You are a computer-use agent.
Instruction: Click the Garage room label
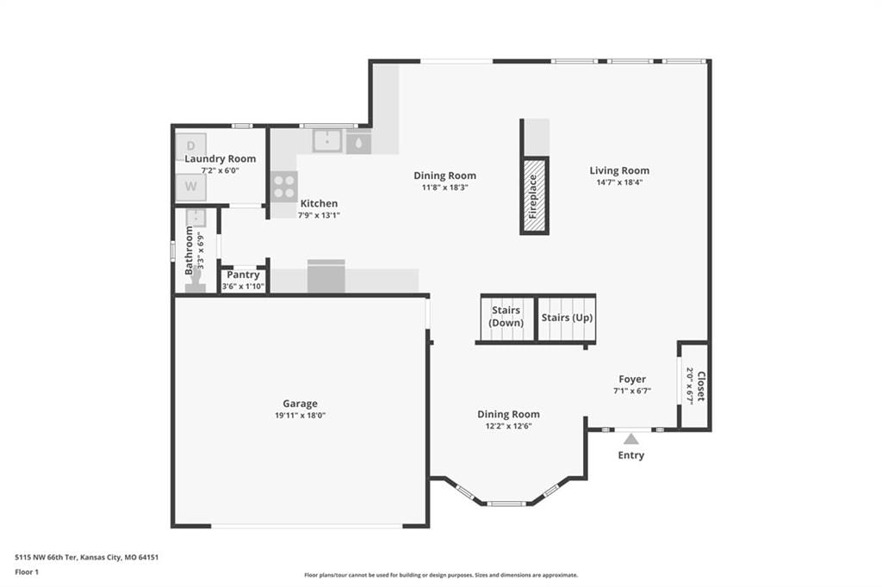[300, 403]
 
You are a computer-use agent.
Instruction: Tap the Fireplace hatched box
[534, 195]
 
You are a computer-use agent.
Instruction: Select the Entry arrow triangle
[631, 439]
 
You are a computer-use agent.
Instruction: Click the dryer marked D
[190, 146]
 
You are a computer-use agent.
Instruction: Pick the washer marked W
[190, 187]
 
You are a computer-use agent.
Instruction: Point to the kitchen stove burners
[284, 187]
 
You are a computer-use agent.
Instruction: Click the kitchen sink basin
[327, 140]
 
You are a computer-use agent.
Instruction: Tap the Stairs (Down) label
[506, 317]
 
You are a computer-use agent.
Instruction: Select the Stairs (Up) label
[567, 318]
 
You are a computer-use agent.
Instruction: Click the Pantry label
[243, 275]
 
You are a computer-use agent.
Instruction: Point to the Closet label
[701, 386]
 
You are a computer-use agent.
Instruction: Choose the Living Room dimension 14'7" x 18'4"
[619, 182]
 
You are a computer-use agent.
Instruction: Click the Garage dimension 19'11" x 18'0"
[301, 416]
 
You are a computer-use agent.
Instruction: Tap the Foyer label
[632, 379]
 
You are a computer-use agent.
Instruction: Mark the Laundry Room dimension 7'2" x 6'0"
[220, 170]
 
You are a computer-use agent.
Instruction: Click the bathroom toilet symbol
[196, 281]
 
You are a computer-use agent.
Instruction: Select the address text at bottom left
[87, 558]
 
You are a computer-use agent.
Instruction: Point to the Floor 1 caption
[27, 572]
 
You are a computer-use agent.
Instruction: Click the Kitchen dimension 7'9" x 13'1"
[319, 215]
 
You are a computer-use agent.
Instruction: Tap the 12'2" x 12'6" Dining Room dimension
[508, 426]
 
